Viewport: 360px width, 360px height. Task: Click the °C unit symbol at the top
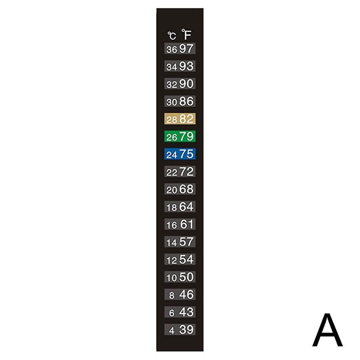pyautogui.click(x=171, y=35)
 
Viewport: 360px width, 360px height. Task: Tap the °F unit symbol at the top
pyautogui.click(x=186, y=34)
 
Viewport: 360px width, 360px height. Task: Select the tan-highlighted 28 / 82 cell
pyautogui.click(x=180, y=118)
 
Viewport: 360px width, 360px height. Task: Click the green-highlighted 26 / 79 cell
pyautogui.click(x=180, y=136)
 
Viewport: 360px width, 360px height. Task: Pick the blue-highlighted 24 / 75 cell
pyautogui.click(x=180, y=154)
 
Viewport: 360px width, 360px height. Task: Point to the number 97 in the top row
pyautogui.click(x=186, y=48)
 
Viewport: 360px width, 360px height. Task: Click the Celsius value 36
pyautogui.click(x=171, y=49)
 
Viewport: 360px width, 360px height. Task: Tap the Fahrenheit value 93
pyautogui.click(x=186, y=66)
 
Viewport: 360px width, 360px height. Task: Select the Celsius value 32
pyautogui.click(x=171, y=84)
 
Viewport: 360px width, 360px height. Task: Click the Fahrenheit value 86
pyautogui.click(x=186, y=101)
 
